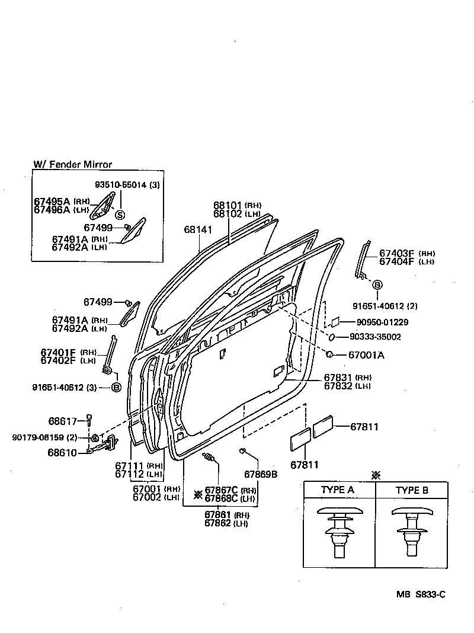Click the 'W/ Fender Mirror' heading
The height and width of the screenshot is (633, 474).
[x=72, y=165]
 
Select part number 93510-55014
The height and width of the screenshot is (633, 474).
[x=121, y=185]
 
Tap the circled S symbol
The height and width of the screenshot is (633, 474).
[x=120, y=215]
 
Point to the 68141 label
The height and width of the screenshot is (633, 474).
[x=197, y=229]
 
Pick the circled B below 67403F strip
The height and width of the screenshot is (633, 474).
[x=376, y=285]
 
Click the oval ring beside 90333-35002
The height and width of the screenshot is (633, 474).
[x=332, y=337]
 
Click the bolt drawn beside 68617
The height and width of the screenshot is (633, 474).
[x=89, y=420]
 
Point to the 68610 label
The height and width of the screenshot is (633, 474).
[x=63, y=452]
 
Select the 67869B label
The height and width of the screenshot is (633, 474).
[x=261, y=474]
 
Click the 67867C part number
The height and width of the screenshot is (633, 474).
[x=221, y=490]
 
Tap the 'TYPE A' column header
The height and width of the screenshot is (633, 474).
[x=338, y=490]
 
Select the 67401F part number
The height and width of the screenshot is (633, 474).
[x=59, y=352]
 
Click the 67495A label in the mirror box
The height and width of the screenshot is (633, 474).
[x=52, y=202]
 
